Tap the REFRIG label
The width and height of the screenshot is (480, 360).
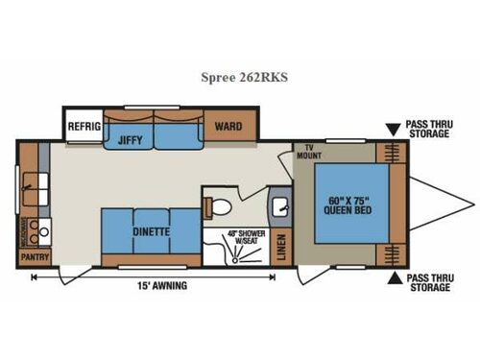click(82, 126)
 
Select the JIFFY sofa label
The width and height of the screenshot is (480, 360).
click(130, 138)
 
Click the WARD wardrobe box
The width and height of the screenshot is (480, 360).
click(227, 126)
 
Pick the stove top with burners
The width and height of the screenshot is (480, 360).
click(38, 230)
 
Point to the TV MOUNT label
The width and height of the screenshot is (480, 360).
click(309, 153)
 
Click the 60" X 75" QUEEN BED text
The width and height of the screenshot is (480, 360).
click(348, 204)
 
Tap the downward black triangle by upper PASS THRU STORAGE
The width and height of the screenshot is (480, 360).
click(394, 129)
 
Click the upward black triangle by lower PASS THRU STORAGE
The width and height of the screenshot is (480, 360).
click(394, 280)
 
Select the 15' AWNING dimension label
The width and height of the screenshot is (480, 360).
click(162, 285)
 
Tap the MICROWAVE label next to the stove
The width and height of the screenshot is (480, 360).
click(23, 231)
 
